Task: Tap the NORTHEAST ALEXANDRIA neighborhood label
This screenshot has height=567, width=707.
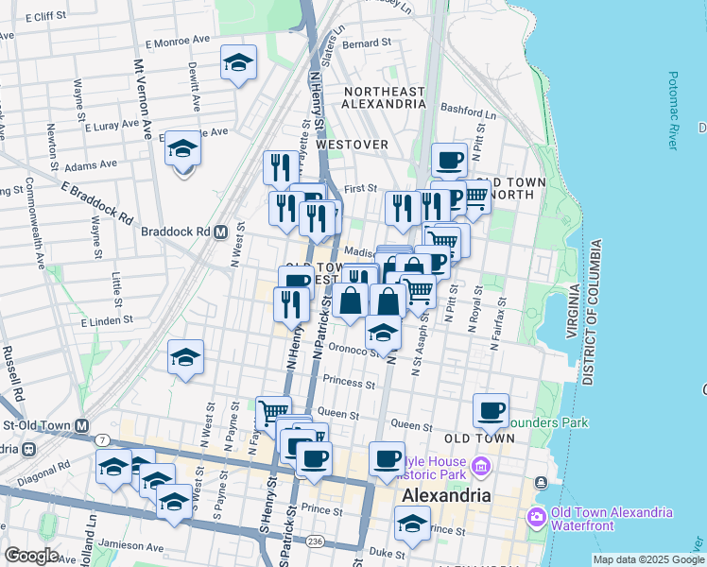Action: click(384, 97)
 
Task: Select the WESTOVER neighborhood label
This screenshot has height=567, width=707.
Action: click(353, 144)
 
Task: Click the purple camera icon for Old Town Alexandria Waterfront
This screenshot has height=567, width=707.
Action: click(537, 516)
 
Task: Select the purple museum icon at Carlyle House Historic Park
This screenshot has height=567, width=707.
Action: click(480, 466)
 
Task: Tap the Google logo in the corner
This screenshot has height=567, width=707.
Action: click(31, 556)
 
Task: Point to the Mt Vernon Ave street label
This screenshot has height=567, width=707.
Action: click(143, 99)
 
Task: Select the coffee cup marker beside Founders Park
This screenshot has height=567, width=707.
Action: click(491, 410)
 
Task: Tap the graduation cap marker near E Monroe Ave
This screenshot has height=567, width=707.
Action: click(238, 62)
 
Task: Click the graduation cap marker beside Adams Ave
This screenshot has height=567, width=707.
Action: click(182, 148)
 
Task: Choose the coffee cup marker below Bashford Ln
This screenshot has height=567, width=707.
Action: click(449, 159)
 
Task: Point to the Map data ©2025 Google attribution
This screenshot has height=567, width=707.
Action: click(647, 559)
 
